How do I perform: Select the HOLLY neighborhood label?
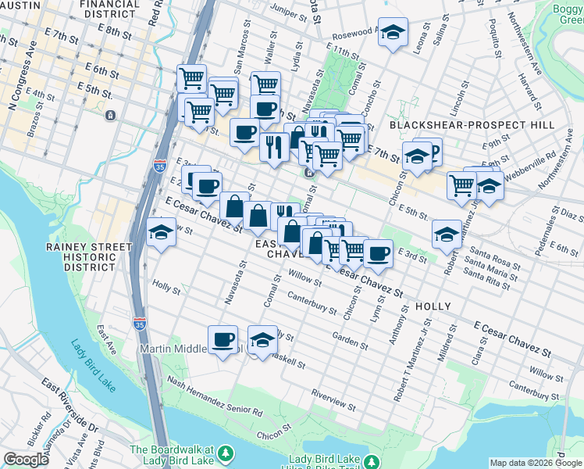click(434, 306)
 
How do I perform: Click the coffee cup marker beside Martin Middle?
click(223, 340)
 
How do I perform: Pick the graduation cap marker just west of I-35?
click(161, 232)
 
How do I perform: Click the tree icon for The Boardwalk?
click(226, 453)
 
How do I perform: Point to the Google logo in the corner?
click(27, 460)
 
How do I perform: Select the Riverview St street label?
click(334, 400)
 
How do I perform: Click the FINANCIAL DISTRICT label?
click(110, 9)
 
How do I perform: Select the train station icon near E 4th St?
click(110, 115)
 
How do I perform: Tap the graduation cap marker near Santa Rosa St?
click(446, 234)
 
